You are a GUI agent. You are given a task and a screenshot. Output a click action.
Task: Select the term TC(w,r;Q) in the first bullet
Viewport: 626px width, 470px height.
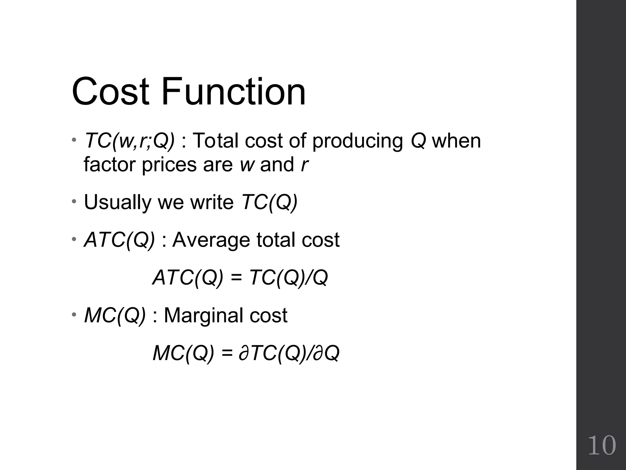(x=130, y=141)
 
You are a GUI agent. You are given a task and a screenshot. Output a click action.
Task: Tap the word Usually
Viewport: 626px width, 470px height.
(x=118, y=203)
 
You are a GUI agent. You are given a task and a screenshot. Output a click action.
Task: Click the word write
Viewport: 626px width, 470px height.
(x=212, y=203)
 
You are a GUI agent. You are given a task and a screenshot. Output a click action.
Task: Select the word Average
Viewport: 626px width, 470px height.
(x=211, y=240)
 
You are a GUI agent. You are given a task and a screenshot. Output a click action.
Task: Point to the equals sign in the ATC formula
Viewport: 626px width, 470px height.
(x=236, y=278)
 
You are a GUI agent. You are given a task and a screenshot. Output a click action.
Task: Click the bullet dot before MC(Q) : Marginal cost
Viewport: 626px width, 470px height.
(x=74, y=315)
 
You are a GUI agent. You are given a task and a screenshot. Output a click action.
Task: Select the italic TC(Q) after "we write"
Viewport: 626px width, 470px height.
(x=269, y=203)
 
